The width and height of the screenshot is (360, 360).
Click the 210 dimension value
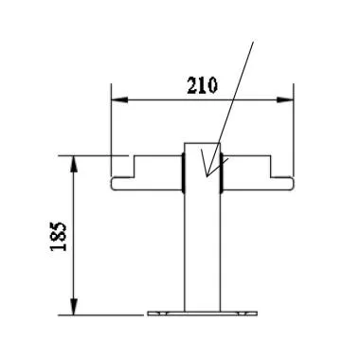coord(202,86)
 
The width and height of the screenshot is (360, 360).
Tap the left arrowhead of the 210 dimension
coord(117,99)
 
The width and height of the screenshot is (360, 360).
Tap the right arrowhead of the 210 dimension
coord(287,99)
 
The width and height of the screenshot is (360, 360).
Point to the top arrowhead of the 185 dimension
coord(73,160)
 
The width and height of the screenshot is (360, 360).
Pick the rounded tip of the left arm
coord(113,184)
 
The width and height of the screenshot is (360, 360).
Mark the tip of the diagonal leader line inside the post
coord(205,175)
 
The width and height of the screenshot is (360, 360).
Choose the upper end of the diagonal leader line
coord(254,42)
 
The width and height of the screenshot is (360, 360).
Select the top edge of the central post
coord(202,144)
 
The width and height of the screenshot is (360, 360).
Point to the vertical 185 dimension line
coord(73,237)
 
